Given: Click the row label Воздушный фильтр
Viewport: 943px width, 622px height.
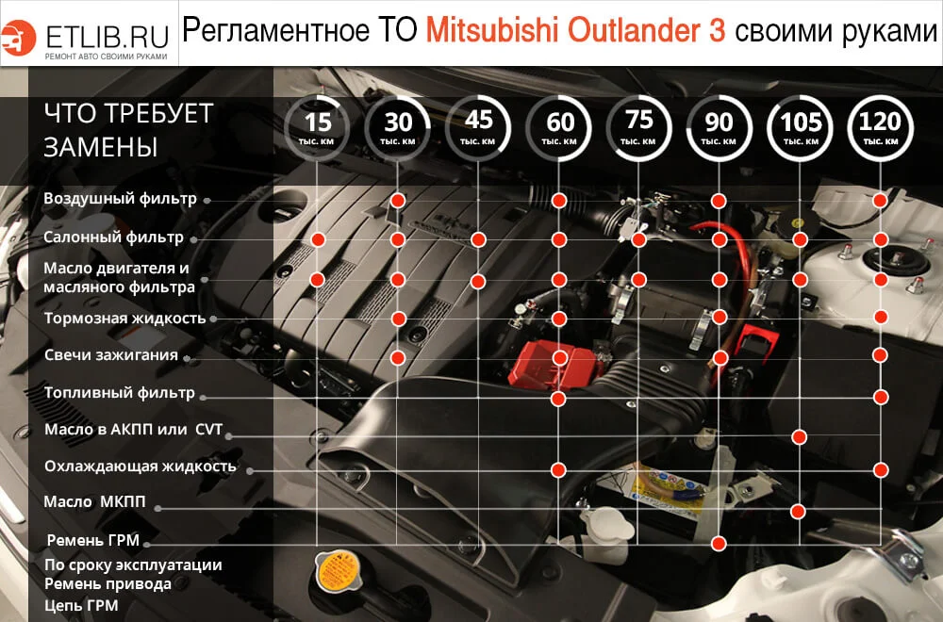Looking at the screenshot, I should (120, 199).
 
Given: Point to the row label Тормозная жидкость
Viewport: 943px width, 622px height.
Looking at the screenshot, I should (124, 319).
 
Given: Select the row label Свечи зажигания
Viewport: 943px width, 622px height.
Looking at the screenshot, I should (111, 355).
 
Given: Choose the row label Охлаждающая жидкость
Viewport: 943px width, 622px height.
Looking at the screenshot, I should (140, 466).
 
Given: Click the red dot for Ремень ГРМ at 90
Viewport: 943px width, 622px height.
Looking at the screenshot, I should (720, 544).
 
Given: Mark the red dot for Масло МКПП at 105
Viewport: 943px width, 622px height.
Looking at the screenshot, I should (799, 512).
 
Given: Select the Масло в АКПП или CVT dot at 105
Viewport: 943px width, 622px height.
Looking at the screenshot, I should (800, 436).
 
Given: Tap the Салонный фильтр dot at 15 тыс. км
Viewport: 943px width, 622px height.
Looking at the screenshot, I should (319, 239).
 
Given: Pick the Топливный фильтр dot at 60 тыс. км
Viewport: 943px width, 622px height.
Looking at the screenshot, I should (558, 399).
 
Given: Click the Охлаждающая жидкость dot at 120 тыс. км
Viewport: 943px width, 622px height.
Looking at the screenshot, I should (881, 468).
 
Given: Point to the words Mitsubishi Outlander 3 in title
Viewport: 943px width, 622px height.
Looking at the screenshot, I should (575, 31).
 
